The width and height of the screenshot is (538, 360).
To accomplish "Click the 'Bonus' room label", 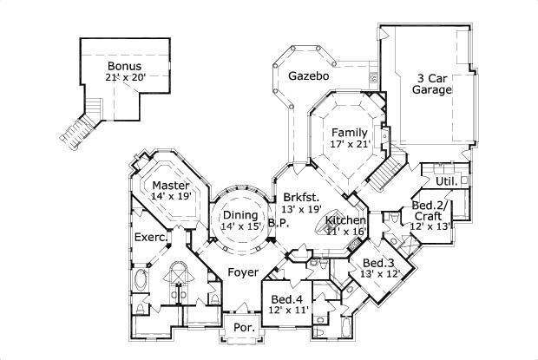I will click(125, 65).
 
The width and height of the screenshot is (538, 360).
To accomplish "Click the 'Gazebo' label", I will click(308, 76).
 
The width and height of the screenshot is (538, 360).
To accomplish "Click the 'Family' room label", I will click(350, 133).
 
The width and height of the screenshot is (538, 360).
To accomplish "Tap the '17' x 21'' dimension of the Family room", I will click(350, 145).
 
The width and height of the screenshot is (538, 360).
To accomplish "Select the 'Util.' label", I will click(446, 181).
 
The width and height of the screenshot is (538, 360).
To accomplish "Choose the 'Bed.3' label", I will click(379, 263).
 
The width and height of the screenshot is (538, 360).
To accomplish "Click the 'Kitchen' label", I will click(345, 221).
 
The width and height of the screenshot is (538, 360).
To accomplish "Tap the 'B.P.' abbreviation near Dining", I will click(278, 222).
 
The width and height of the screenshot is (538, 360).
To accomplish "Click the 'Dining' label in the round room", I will click(239, 215).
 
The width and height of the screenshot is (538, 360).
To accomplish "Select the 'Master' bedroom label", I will click(171, 185).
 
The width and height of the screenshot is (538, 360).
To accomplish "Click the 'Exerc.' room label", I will click(150, 236).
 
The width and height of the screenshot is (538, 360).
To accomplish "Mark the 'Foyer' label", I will click(243, 272).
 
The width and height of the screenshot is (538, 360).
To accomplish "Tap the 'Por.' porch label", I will click(242, 328).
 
